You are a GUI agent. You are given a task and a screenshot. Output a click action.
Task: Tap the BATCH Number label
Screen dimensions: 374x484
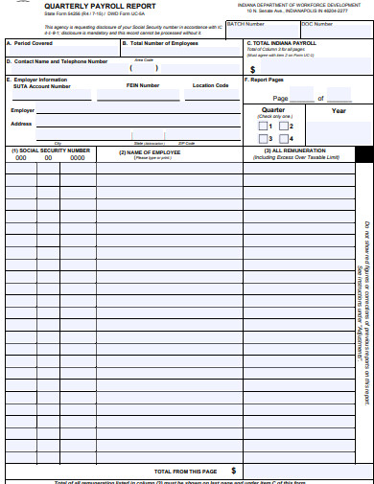245,24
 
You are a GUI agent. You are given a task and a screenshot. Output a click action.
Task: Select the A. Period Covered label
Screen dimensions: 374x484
32,43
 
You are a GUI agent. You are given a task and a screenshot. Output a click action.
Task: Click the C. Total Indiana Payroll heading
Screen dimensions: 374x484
282,43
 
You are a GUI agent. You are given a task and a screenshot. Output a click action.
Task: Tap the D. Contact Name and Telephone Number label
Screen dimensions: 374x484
59,61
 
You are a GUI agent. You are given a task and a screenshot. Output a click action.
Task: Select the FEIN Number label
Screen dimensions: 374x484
143,86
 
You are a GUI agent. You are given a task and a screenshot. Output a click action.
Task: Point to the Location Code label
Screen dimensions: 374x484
210,86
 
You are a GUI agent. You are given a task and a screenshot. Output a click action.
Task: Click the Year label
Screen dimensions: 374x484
339,111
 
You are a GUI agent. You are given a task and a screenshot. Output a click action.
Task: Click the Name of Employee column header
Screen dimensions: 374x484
150,151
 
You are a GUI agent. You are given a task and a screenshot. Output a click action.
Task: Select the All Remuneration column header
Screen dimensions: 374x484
302,151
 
